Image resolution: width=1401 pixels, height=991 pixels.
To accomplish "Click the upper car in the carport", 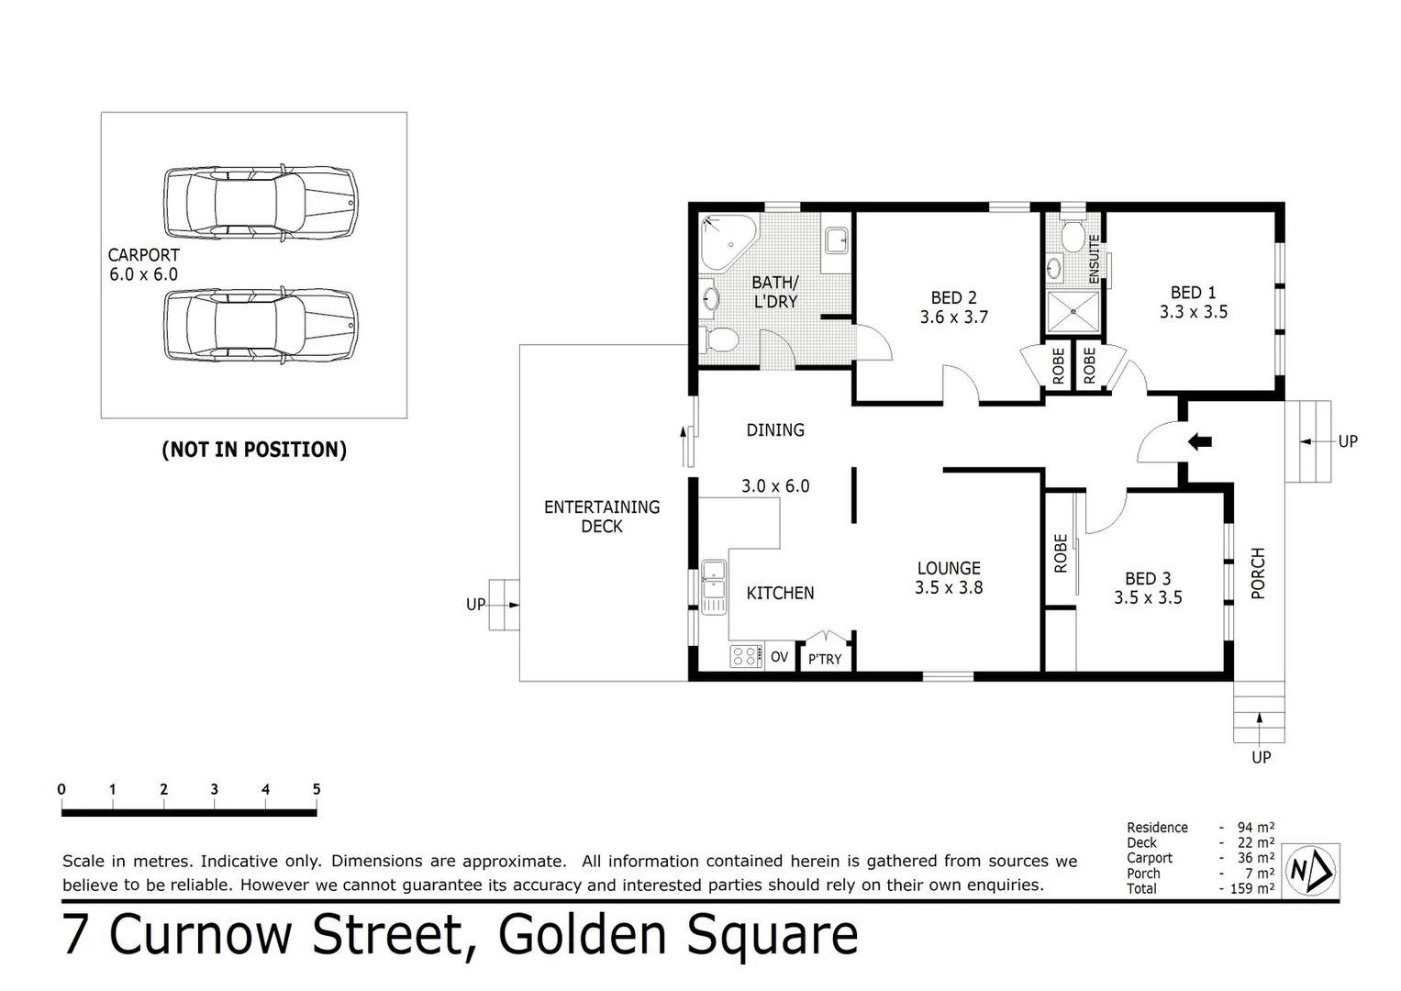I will [261, 203].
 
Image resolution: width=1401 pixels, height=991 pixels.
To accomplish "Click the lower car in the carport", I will [261, 325].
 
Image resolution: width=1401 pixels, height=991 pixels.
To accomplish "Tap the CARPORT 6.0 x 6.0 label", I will [143, 264].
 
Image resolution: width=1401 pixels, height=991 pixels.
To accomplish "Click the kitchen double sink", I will [713, 586].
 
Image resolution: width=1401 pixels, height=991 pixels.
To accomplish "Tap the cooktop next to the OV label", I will [746, 656].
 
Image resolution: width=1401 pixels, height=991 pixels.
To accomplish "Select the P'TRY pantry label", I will [824, 659].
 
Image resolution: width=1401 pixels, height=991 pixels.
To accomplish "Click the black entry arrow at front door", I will [1199, 441].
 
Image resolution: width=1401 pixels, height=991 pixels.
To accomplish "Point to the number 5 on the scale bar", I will [317, 789].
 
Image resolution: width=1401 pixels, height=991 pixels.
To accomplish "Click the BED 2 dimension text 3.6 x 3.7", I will [953, 317].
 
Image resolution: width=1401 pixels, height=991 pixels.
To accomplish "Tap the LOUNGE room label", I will [949, 568].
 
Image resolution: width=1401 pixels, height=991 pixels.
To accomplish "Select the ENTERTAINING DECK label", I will [602, 517].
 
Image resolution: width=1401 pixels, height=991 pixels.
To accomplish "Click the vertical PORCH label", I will [1258, 573].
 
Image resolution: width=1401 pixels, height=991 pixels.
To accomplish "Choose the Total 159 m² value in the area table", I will [1251, 888].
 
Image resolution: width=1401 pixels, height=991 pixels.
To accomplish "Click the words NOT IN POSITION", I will [254, 450].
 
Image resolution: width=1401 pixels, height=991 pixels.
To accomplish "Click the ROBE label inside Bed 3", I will [1061, 553].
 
